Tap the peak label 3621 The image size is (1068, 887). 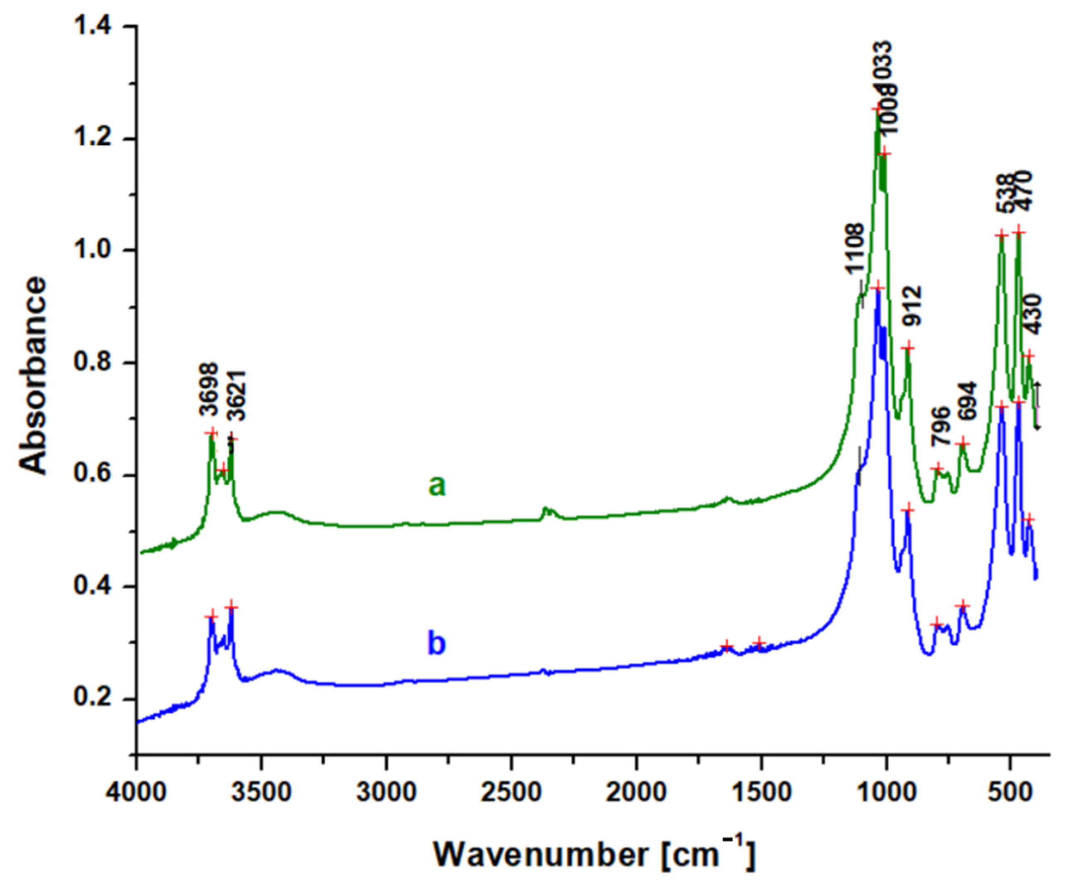(237, 396)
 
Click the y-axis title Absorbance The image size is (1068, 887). (34, 375)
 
